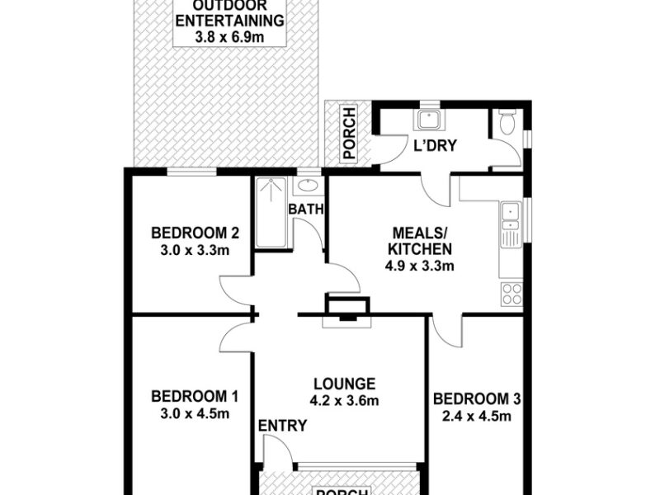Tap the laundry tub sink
click(430, 120)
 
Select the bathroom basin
click(309, 185)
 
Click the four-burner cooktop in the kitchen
click(511, 294)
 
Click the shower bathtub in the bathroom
click(272, 213)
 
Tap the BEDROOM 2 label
click(195, 233)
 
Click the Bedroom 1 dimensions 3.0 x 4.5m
click(195, 414)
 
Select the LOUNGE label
click(345, 384)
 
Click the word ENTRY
click(282, 426)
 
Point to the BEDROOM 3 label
click(477, 398)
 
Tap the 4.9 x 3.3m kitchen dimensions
click(420, 266)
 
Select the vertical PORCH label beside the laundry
click(350, 134)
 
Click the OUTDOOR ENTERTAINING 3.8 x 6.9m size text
click(230, 37)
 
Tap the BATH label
click(305, 210)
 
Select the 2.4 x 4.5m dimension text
click(477, 417)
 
